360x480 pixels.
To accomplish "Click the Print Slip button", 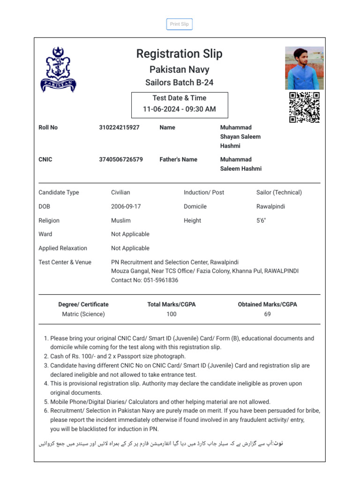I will [179, 24].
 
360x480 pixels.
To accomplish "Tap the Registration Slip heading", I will [179, 54].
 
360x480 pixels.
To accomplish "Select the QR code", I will [304, 107].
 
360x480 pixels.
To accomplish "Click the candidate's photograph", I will [304, 68].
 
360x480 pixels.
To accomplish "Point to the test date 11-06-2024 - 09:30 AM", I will [179, 109].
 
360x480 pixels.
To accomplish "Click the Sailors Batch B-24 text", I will [179, 82].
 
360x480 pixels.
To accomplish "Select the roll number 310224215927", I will [119, 127].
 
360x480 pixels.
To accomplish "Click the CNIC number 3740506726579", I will [121, 159].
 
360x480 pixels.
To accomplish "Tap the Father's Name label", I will [178, 159].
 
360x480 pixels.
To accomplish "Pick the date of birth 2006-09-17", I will [126, 206].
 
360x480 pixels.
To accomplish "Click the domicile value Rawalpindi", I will [270, 206].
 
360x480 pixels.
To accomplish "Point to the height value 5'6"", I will [261, 220].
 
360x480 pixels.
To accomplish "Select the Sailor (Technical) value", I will [279, 192].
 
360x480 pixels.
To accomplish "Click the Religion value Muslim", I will [121, 220].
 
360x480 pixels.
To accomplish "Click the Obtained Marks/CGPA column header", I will [267, 304].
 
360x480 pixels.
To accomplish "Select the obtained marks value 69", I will [267, 314].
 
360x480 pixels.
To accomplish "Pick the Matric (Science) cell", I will [83, 314].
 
